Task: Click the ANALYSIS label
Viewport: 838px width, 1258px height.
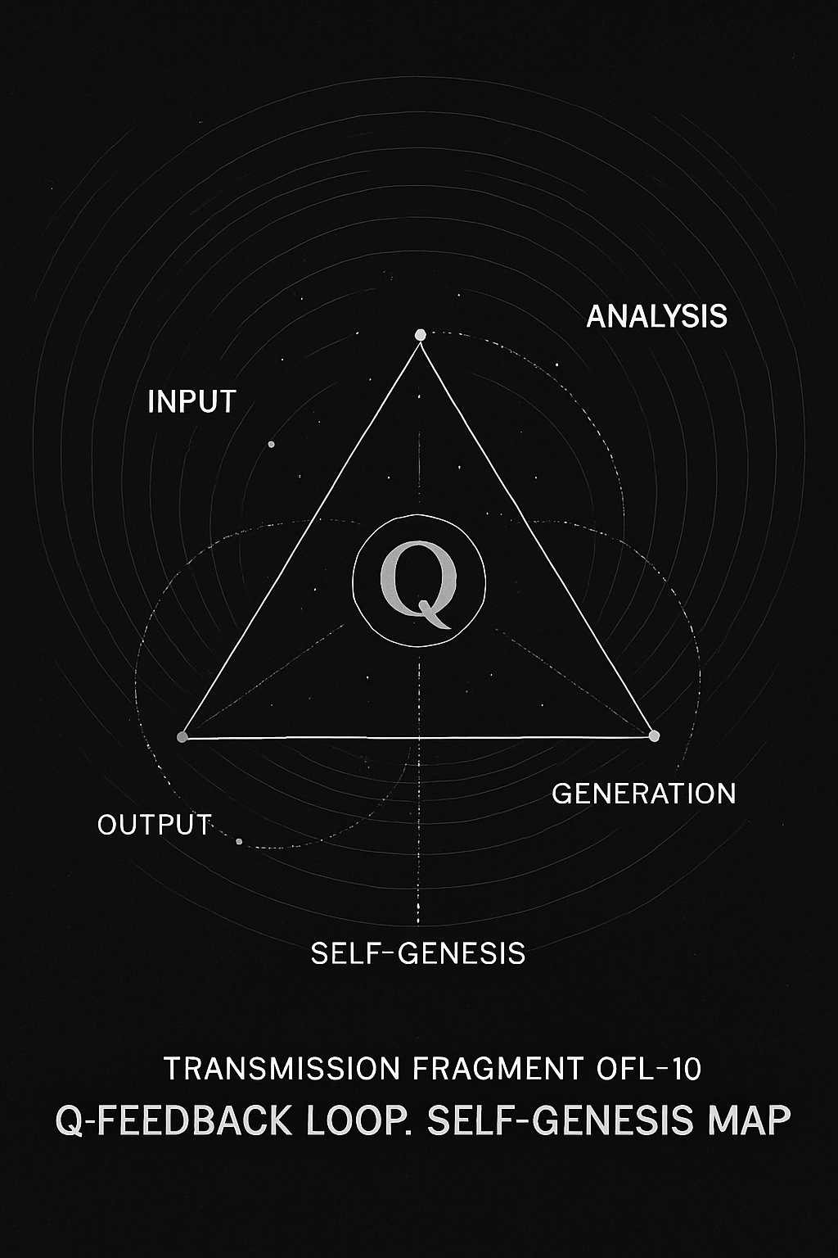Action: coord(656,316)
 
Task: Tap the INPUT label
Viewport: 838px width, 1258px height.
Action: coord(191,402)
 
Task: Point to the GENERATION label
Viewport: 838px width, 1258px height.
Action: coord(644,794)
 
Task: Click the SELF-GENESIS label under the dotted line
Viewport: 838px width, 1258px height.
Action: coord(418,953)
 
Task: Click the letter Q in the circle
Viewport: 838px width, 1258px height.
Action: coord(418,585)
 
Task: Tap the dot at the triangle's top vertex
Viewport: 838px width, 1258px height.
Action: coord(420,335)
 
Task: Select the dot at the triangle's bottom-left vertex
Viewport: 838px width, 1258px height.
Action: coord(182,737)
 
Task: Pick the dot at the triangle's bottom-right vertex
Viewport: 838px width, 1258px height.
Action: coord(653,735)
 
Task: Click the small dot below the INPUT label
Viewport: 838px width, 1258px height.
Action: coord(271,444)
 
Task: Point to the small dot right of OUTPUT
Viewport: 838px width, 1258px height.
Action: coord(239,841)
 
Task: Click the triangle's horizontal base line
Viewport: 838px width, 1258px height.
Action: coord(417,737)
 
